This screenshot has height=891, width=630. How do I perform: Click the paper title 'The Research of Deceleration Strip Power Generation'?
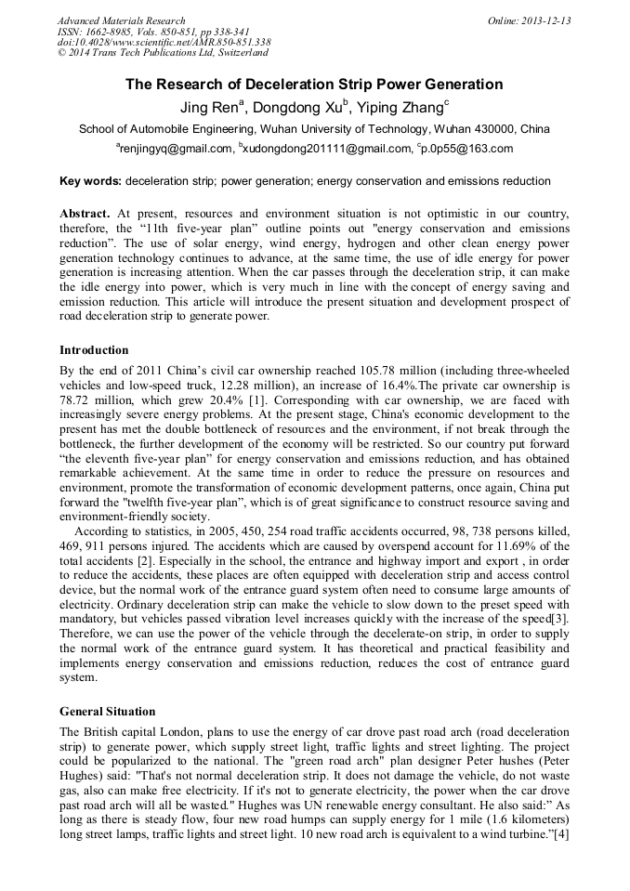coord(314,85)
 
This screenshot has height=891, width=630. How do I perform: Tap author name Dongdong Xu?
coord(300,108)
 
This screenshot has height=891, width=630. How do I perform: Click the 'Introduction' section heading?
coord(94,350)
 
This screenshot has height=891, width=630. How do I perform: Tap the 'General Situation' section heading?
coord(108,712)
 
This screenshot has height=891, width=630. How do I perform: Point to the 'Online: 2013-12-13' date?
coord(529,20)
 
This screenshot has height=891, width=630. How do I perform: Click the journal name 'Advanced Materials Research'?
coord(121,20)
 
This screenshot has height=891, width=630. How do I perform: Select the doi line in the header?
coord(164,43)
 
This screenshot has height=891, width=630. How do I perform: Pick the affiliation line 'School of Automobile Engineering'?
coord(314,129)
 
